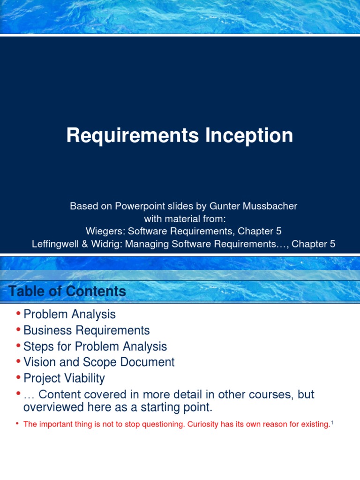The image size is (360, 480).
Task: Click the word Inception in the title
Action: (x=249, y=135)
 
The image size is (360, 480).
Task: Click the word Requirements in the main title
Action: (x=133, y=135)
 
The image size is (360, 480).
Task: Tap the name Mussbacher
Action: (x=270, y=206)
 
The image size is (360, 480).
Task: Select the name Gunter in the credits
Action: (x=225, y=206)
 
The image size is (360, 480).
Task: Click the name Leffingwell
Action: (x=55, y=244)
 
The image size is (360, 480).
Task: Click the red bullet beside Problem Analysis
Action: (x=19, y=313)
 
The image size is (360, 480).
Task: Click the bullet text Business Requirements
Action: (x=86, y=330)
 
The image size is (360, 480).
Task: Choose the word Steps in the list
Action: (x=38, y=347)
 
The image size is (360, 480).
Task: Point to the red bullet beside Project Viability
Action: (x=19, y=377)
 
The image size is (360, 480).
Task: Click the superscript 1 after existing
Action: (x=332, y=423)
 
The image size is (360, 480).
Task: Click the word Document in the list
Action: (x=147, y=362)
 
